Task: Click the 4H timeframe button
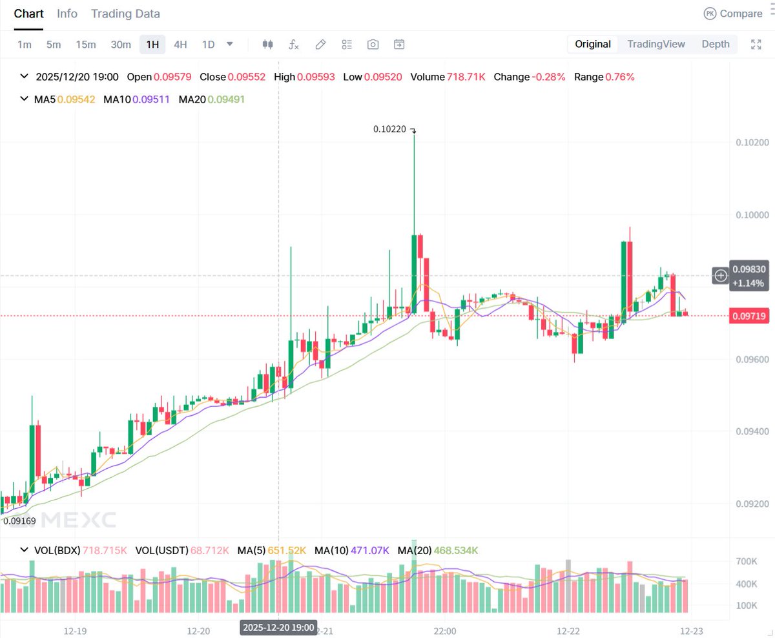click(180, 45)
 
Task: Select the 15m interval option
click(85, 45)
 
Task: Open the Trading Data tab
click(125, 14)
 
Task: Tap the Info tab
click(67, 14)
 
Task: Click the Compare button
click(733, 14)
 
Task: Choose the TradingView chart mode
click(656, 44)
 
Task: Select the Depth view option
click(716, 44)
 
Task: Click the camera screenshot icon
click(373, 45)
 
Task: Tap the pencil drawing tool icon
click(320, 45)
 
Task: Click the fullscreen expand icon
click(756, 45)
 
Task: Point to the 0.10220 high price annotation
click(390, 129)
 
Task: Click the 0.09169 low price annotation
click(19, 520)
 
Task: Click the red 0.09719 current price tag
click(749, 316)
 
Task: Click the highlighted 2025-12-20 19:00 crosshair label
click(278, 627)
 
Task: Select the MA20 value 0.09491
click(226, 99)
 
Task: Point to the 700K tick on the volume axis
click(747, 562)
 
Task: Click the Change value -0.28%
click(548, 77)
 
